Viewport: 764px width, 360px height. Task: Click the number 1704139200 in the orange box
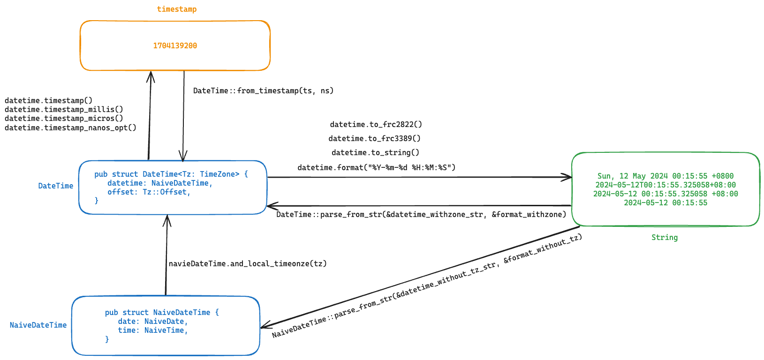tap(175, 45)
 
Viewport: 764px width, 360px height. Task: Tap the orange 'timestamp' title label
tap(177, 9)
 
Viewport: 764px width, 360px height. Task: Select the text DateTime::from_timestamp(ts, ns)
tap(263, 90)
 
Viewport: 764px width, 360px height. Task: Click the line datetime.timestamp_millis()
tap(64, 109)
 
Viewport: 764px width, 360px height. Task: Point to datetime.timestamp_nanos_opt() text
tap(70, 127)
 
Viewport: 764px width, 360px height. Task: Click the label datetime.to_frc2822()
tap(376, 124)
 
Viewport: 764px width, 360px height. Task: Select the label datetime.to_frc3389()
tap(374, 138)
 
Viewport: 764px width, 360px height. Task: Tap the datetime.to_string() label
tap(375, 152)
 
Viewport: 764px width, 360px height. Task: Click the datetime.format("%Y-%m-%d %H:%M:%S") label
tap(376, 167)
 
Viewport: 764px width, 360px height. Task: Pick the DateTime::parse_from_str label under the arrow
tap(421, 214)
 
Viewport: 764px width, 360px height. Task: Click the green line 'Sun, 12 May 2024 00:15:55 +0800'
tap(665, 176)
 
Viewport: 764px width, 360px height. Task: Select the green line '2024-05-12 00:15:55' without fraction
tap(665, 202)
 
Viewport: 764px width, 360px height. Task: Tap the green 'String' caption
tap(664, 237)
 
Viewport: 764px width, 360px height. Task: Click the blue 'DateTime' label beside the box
tap(55, 186)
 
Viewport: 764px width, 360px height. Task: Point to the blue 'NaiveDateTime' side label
tap(38, 325)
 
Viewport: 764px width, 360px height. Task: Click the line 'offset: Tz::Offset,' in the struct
tap(149, 192)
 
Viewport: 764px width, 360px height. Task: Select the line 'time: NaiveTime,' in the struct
tap(152, 330)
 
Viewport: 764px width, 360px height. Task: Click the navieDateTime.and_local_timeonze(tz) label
tap(248, 263)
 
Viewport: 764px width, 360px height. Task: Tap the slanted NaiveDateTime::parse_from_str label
tap(427, 286)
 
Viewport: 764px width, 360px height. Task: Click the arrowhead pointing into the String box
tap(568, 177)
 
